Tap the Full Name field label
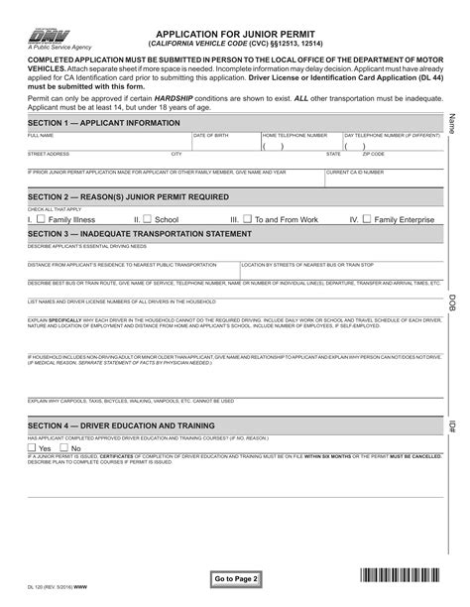[41, 134]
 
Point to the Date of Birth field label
[211, 134]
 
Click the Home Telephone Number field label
[294, 134]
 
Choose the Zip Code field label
[373, 154]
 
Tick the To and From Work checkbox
[247, 219]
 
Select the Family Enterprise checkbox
[366, 219]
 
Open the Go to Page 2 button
[236, 577]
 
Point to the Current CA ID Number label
[354, 173]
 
